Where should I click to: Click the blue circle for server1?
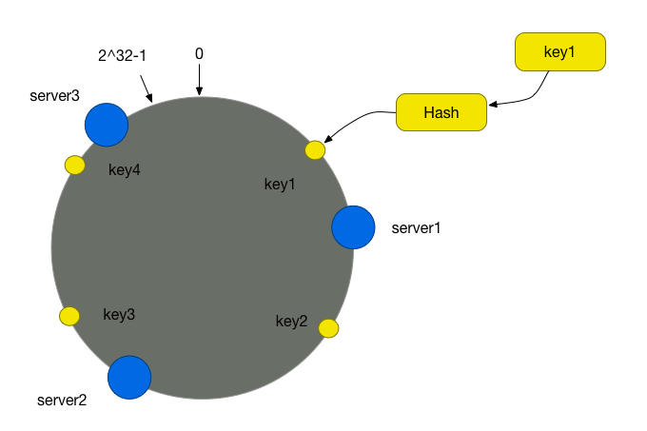353,227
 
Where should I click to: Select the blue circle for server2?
129,378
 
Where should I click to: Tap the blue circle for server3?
107,125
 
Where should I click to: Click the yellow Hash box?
441,112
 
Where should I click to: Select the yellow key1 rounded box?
559,52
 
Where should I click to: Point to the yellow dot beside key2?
329,328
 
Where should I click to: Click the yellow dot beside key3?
69,316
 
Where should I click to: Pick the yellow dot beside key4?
75,165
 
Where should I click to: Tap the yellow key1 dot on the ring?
315,150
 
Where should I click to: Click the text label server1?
416,228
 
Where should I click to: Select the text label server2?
62,400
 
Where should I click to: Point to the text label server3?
54,96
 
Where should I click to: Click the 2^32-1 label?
122,55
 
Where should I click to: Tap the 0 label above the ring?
199,53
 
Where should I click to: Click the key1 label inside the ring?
280,185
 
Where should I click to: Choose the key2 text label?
292,321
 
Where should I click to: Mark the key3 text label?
119,314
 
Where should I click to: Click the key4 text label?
125,169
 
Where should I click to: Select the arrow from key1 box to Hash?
532,97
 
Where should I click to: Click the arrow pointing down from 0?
199,80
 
